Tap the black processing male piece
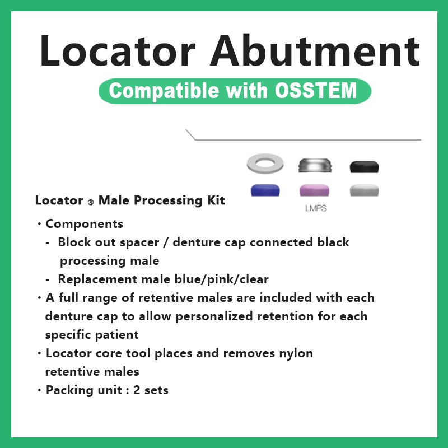(364, 166)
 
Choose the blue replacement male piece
(266, 190)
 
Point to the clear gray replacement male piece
(365, 190)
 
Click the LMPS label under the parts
(316, 209)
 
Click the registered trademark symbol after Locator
(89, 202)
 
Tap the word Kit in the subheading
(215, 200)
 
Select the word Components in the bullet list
(85, 224)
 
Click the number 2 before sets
(137, 390)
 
